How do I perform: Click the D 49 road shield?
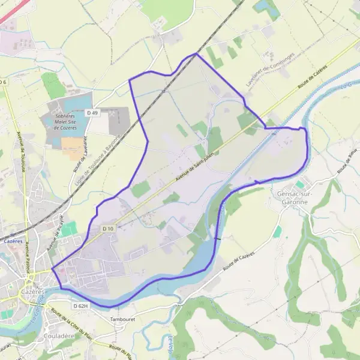click(92, 113)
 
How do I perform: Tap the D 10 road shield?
click(107, 229)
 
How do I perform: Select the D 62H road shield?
click(80, 306)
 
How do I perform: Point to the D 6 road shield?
click(4, 82)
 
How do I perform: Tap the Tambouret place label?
click(122, 319)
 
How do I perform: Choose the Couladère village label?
click(58, 337)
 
